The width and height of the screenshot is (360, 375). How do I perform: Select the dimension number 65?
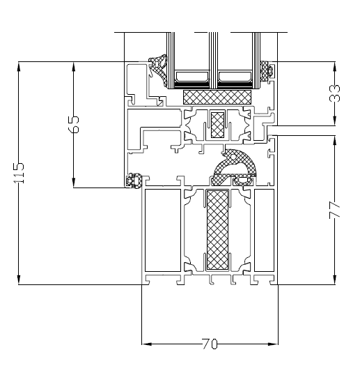[x=74, y=123]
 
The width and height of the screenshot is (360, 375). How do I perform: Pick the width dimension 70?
[x=210, y=344]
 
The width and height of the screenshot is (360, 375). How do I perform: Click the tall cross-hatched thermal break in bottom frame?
[x=218, y=229]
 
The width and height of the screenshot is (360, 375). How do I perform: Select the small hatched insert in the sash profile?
[x=218, y=124]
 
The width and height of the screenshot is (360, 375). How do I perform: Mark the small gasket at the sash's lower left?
[x=132, y=181]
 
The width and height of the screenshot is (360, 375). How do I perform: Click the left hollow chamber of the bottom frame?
[x=162, y=230]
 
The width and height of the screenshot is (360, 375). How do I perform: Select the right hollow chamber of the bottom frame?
[x=265, y=230]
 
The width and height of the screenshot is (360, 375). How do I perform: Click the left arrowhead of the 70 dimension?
[x=146, y=344]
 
